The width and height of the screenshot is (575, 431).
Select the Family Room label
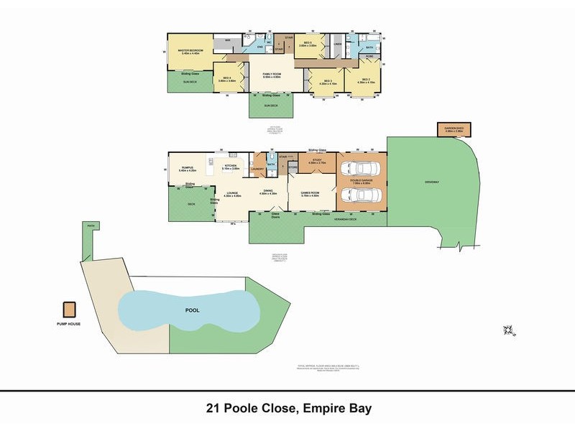[x=272, y=73]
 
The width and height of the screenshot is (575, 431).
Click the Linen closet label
[x=338, y=45]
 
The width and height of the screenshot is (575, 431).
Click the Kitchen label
[x=231, y=167]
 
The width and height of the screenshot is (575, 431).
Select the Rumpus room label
[x=188, y=168]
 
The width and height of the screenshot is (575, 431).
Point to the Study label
[x=317, y=162]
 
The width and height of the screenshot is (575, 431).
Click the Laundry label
[x=258, y=170]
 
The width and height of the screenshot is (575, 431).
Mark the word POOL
[x=191, y=311]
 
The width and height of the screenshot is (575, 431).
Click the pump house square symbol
[x=70, y=309]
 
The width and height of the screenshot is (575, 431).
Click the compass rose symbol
[x=510, y=330]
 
